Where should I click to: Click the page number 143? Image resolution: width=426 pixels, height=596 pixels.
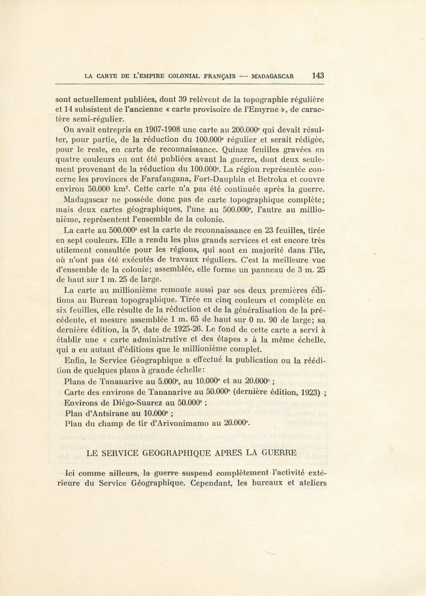click(x=318, y=75)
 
